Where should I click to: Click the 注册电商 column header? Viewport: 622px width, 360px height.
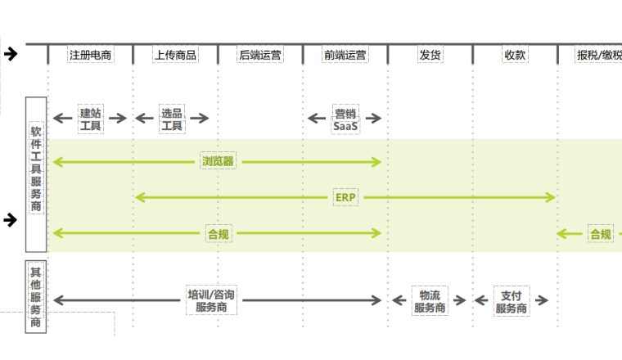pyautogui.click(x=90, y=55)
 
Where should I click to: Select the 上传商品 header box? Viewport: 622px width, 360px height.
pyautogui.click(x=175, y=55)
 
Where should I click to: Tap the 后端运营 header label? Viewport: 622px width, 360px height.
pyautogui.click(x=260, y=55)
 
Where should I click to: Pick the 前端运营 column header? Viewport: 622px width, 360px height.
pyautogui.click(x=345, y=55)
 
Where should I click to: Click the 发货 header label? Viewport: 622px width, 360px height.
pyautogui.click(x=430, y=55)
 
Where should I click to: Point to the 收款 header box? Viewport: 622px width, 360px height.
pyautogui.click(x=515, y=55)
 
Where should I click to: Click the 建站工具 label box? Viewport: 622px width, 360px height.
pyautogui.click(x=90, y=119)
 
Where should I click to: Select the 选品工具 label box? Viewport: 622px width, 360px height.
pyautogui.click(x=172, y=119)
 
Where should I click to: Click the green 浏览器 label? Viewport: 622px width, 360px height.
pyautogui.click(x=218, y=161)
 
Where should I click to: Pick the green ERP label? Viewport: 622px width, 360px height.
pyautogui.click(x=345, y=197)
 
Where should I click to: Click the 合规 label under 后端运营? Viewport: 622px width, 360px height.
pyautogui.click(x=219, y=234)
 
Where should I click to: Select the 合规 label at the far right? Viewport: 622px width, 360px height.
pyautogui.click(x=601, y=234)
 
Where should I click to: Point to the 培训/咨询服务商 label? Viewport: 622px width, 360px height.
pyautogui.click(x=211, y=300)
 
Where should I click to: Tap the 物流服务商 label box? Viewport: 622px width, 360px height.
pyautogui.click(x=430, y=301)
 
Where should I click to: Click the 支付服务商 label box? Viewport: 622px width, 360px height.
pyautogui.click(x=512, y=301)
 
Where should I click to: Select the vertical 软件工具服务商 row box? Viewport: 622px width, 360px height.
pyautogui.click(x=36, y=174)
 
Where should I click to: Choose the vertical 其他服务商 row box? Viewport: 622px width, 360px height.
pyautogui.click(x=36, y=295)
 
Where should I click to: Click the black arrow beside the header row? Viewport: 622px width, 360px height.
pyautogui.click(x=11, y=54)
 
